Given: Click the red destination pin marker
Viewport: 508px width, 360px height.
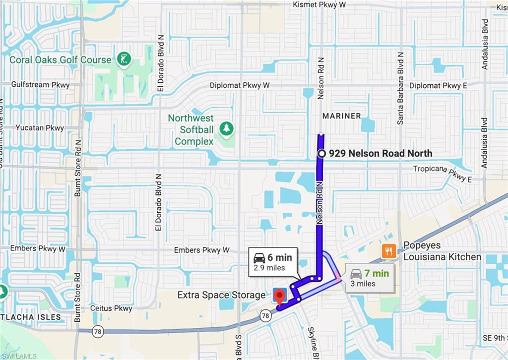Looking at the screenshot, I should (x=279, y=297).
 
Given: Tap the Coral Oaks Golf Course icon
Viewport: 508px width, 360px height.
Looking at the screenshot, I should (x=124, y=60).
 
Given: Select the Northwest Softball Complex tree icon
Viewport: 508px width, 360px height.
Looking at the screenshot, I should (x=227, y=128).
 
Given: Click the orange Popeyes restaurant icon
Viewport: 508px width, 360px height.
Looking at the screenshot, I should (x=388, y=251).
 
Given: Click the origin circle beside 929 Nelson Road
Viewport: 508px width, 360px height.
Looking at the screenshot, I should (x=321, y=154).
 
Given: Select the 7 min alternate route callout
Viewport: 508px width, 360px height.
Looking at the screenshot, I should (x=370, y=278).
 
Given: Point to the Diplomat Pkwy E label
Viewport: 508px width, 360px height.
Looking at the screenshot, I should (x=438, y=86).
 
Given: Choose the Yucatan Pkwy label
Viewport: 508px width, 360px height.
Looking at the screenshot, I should (x=40, y=128).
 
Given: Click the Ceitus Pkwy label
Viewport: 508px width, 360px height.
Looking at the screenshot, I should (x=111, y=308).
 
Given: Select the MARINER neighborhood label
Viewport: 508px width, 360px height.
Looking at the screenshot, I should (x=342, y=116).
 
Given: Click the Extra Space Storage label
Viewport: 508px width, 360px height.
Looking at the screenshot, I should (x=221, y=295).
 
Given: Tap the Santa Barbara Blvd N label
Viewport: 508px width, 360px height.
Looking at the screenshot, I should (x=400, y=88).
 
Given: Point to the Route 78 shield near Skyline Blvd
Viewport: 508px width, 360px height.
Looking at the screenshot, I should (x=266, y=315).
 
